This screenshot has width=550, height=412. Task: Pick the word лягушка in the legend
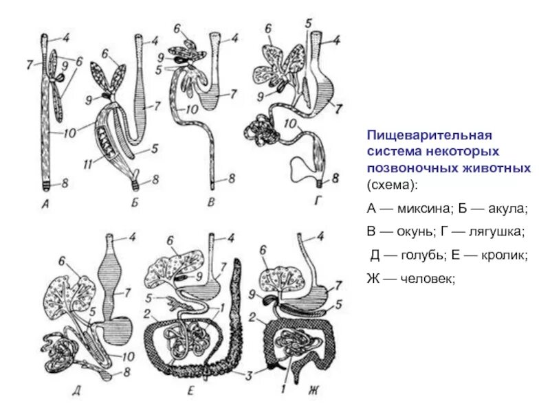(x=484, y=231)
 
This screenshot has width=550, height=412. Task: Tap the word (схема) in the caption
(x=390, y=185)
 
